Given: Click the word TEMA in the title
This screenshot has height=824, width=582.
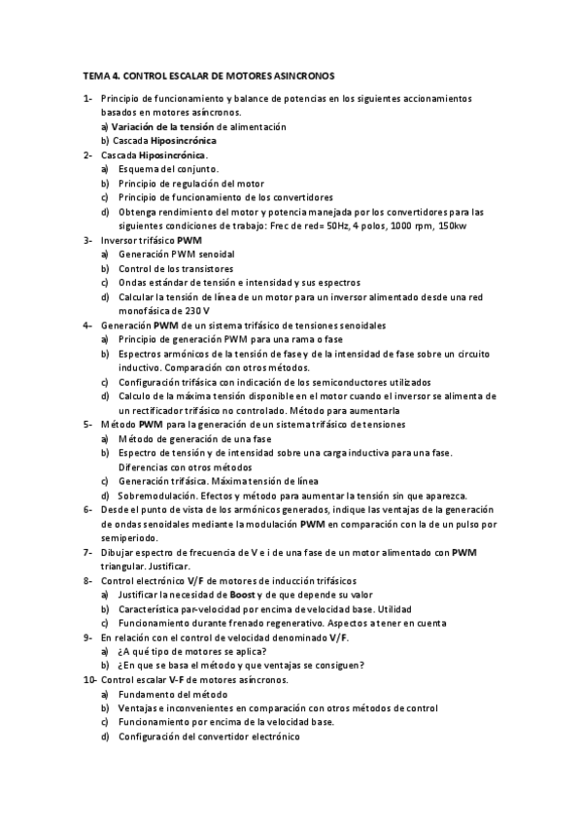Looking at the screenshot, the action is coord(96,75).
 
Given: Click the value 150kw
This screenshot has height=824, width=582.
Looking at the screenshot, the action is coord(452,225).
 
